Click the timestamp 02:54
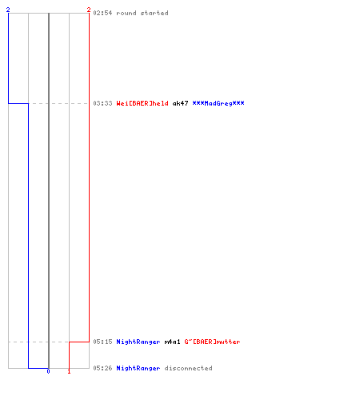102,13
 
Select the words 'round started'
142,13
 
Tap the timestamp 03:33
102,103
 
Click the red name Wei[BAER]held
142,103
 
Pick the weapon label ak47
180,103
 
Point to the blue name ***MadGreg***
218,103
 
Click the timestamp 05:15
102,342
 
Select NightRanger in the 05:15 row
138,342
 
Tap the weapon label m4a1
172,342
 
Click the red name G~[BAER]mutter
212,342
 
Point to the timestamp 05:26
102,368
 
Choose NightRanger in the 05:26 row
138,368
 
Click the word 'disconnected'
189,368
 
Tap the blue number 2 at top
8,10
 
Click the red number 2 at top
89,10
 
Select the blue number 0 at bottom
48,371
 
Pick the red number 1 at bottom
69,371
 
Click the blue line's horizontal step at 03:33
18,103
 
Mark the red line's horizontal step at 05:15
79,342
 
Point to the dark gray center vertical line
49,190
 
